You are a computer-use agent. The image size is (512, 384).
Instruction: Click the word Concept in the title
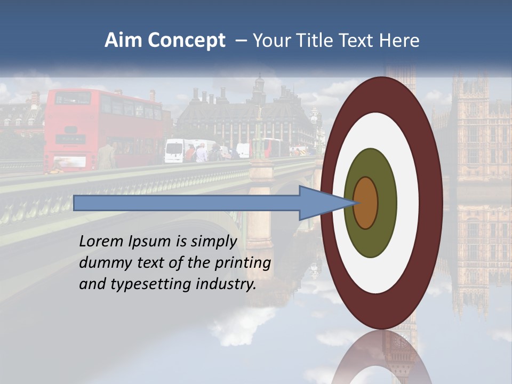[186, 41]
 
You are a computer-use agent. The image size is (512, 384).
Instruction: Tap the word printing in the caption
[243, 263]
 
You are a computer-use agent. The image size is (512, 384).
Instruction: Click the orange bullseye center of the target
[366, 203]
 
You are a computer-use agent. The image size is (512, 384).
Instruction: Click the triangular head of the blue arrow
[320, 203]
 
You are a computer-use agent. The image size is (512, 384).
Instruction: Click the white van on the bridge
[175, 151]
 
